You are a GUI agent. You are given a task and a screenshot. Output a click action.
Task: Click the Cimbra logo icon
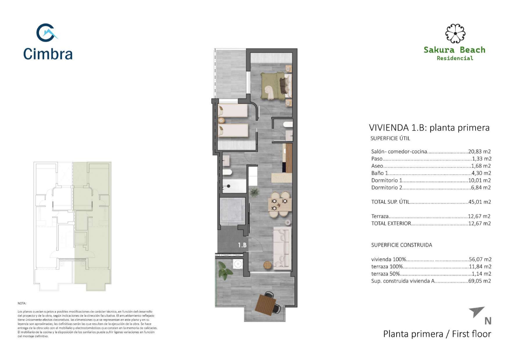pyautogui.click(x=46, y=33)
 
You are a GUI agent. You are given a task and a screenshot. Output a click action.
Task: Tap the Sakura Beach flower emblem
pyautogui.click(x=455, y=33)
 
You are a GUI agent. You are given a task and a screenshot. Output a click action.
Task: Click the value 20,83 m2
pyautogui.click(x=479, y=151)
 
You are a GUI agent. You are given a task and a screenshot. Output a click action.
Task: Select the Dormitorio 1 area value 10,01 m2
pyautogui.click(x=479, y=180)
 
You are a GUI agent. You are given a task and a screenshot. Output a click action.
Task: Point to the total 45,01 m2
pyautogui.click(x=480, y=202)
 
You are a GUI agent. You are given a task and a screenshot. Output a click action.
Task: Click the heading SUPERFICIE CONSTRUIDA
pyautogui.click(x=402, y=245)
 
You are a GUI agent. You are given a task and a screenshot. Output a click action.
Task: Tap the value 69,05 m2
pyautogui.click(x=480, y=281)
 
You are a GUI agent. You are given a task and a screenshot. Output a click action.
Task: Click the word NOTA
pyautogui.click(x=22, y=303)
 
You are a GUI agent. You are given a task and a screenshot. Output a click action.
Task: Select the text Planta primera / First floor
pyautogui.click(x=437, y=334)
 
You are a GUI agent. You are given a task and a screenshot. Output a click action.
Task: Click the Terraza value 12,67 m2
pyautogui.click(x=479, y=216)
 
